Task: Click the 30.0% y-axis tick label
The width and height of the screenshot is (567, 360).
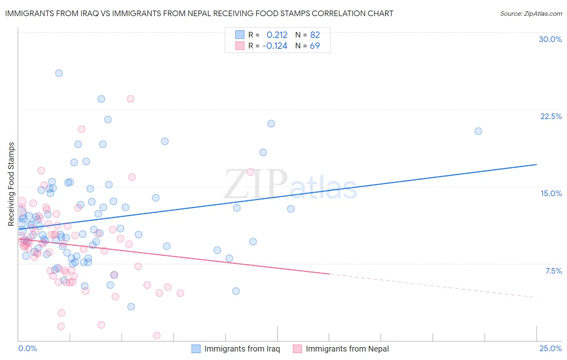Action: (550, 39)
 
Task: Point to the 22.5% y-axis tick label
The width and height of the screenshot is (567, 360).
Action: (551, 116)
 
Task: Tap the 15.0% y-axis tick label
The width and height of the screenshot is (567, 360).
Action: (551, 193)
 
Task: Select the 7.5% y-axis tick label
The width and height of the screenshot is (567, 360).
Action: (553, 271)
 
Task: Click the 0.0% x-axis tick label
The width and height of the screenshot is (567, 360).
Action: (27, 348)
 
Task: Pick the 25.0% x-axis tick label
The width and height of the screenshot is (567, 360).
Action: (550, 348)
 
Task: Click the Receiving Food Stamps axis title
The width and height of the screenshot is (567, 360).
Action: (11, 184)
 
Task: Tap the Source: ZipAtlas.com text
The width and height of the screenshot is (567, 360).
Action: (531, 14)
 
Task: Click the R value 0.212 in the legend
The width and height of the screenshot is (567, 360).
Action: (277, 35)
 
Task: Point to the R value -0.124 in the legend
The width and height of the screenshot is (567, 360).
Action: (275, 46)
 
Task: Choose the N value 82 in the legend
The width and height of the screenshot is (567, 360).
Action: (315, 35)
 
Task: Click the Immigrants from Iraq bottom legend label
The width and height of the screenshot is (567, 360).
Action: (242, 349)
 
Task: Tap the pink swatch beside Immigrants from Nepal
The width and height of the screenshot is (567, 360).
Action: (297, 349)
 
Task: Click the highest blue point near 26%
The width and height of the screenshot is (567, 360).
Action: (59, 73)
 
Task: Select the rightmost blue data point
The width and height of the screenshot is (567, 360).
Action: (478, 131)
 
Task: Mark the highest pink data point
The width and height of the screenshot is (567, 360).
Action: (130, 99)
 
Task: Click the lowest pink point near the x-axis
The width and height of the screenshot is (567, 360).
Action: (157, 335)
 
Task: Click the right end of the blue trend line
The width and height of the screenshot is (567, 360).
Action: (536, 165)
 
